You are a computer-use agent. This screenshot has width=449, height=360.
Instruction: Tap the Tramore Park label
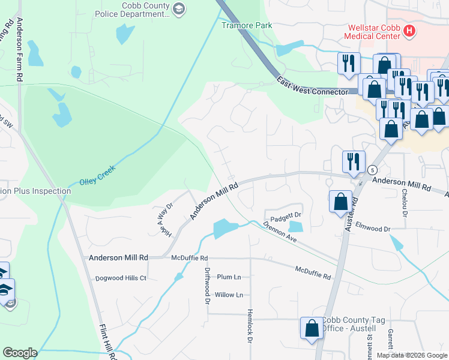click(x=247, y=25)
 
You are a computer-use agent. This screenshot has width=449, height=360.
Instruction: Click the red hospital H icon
click(x=410, y=31)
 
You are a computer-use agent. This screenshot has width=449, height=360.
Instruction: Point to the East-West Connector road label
click(x=312, y=85)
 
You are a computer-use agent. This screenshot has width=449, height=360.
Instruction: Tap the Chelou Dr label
click(x=405, y=203)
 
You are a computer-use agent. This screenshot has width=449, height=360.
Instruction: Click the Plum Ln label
click(x=229, y=277)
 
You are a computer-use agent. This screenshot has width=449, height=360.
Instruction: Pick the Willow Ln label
click(x=229, y=295)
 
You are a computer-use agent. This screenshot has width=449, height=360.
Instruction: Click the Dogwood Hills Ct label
click(x=121, y=278)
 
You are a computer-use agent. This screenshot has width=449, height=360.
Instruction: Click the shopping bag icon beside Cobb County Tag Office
click(x=312, y=328)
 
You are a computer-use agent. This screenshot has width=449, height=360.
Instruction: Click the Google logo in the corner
click(x=20, y=353)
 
